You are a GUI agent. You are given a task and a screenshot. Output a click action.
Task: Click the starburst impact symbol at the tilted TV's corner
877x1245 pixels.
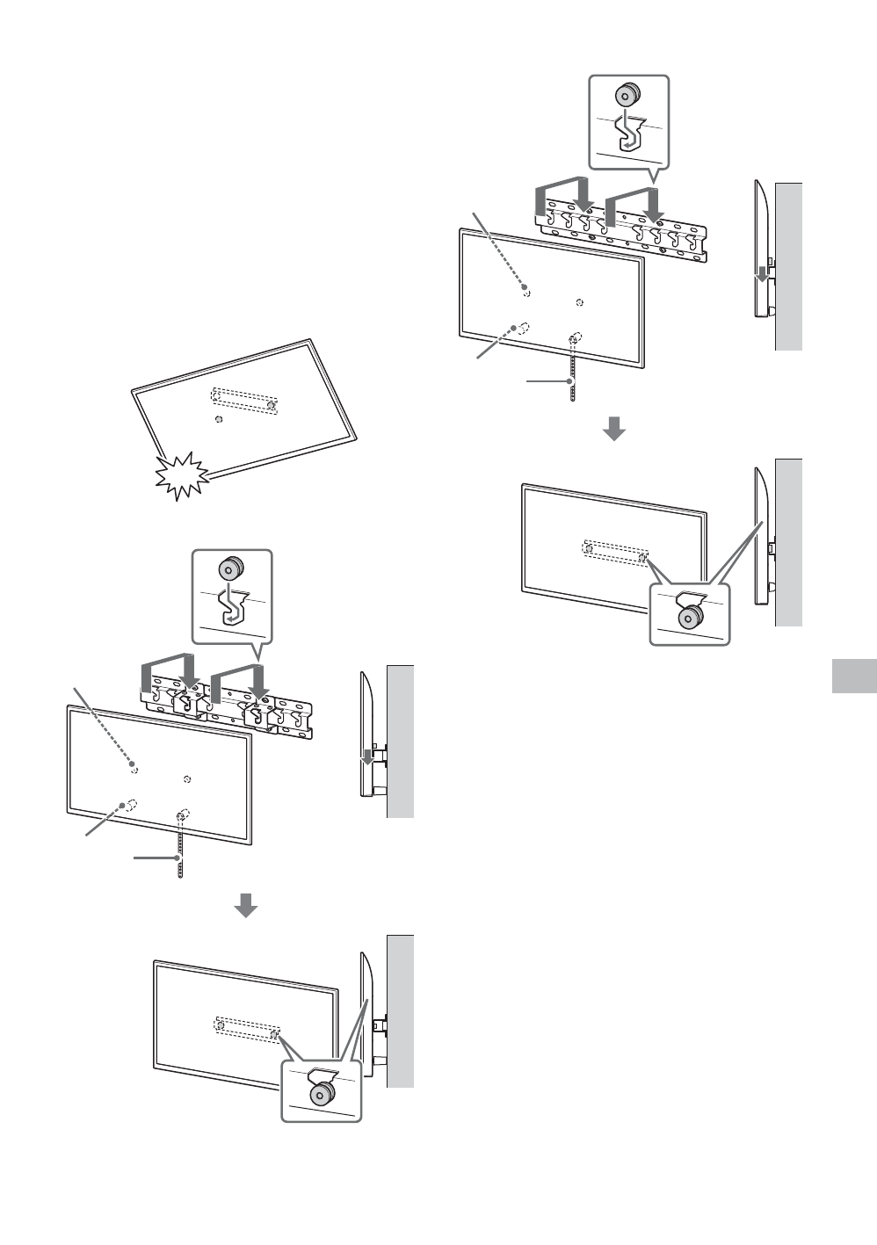point(183,474)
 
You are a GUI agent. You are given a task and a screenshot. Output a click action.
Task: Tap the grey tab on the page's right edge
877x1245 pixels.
point(852,675)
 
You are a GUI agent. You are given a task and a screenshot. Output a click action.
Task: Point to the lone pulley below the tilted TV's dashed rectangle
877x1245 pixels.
point(218,419)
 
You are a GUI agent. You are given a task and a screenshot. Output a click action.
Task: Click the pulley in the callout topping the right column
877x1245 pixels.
point(627,93)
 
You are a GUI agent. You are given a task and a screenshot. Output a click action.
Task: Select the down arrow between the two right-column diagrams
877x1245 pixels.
point(613,429)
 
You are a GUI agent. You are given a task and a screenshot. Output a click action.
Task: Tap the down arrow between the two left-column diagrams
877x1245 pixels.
point(246,904)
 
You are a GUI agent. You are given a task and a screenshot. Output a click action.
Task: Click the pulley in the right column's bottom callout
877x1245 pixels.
point(689,617)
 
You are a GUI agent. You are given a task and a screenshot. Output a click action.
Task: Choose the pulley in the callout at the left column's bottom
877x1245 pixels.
point(321,1093)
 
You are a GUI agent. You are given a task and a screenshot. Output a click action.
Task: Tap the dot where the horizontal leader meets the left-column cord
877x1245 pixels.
point(178,858)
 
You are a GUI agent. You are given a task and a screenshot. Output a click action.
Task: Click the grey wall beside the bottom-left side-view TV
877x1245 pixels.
point(401,1010)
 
